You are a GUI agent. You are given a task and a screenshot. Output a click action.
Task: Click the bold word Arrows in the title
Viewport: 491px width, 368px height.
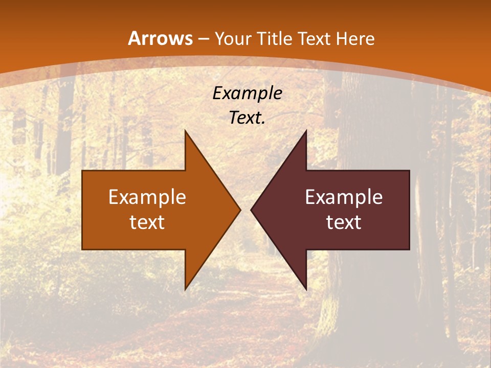[160, 38]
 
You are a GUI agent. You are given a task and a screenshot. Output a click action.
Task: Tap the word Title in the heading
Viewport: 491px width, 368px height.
[275, 39]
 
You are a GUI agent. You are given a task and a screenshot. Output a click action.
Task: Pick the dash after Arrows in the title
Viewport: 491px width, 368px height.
[203, 39]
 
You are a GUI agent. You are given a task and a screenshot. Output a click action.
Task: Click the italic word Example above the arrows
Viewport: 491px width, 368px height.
[248, 93]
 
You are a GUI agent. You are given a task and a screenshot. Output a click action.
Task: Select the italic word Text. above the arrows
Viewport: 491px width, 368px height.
[247, 118]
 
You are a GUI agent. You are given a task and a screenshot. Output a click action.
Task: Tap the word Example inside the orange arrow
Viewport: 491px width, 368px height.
[147, 197]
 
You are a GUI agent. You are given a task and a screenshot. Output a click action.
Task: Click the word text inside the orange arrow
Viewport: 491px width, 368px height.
[147, 222]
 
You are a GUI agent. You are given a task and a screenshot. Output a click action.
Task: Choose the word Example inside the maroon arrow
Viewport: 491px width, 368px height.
[344, 197]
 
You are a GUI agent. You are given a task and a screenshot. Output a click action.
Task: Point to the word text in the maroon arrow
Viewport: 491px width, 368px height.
[344, 222]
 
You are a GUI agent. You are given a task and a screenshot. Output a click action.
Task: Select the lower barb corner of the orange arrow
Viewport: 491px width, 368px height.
[185, 289]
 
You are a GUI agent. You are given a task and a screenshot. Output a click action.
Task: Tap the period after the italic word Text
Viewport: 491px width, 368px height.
[263, 123]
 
